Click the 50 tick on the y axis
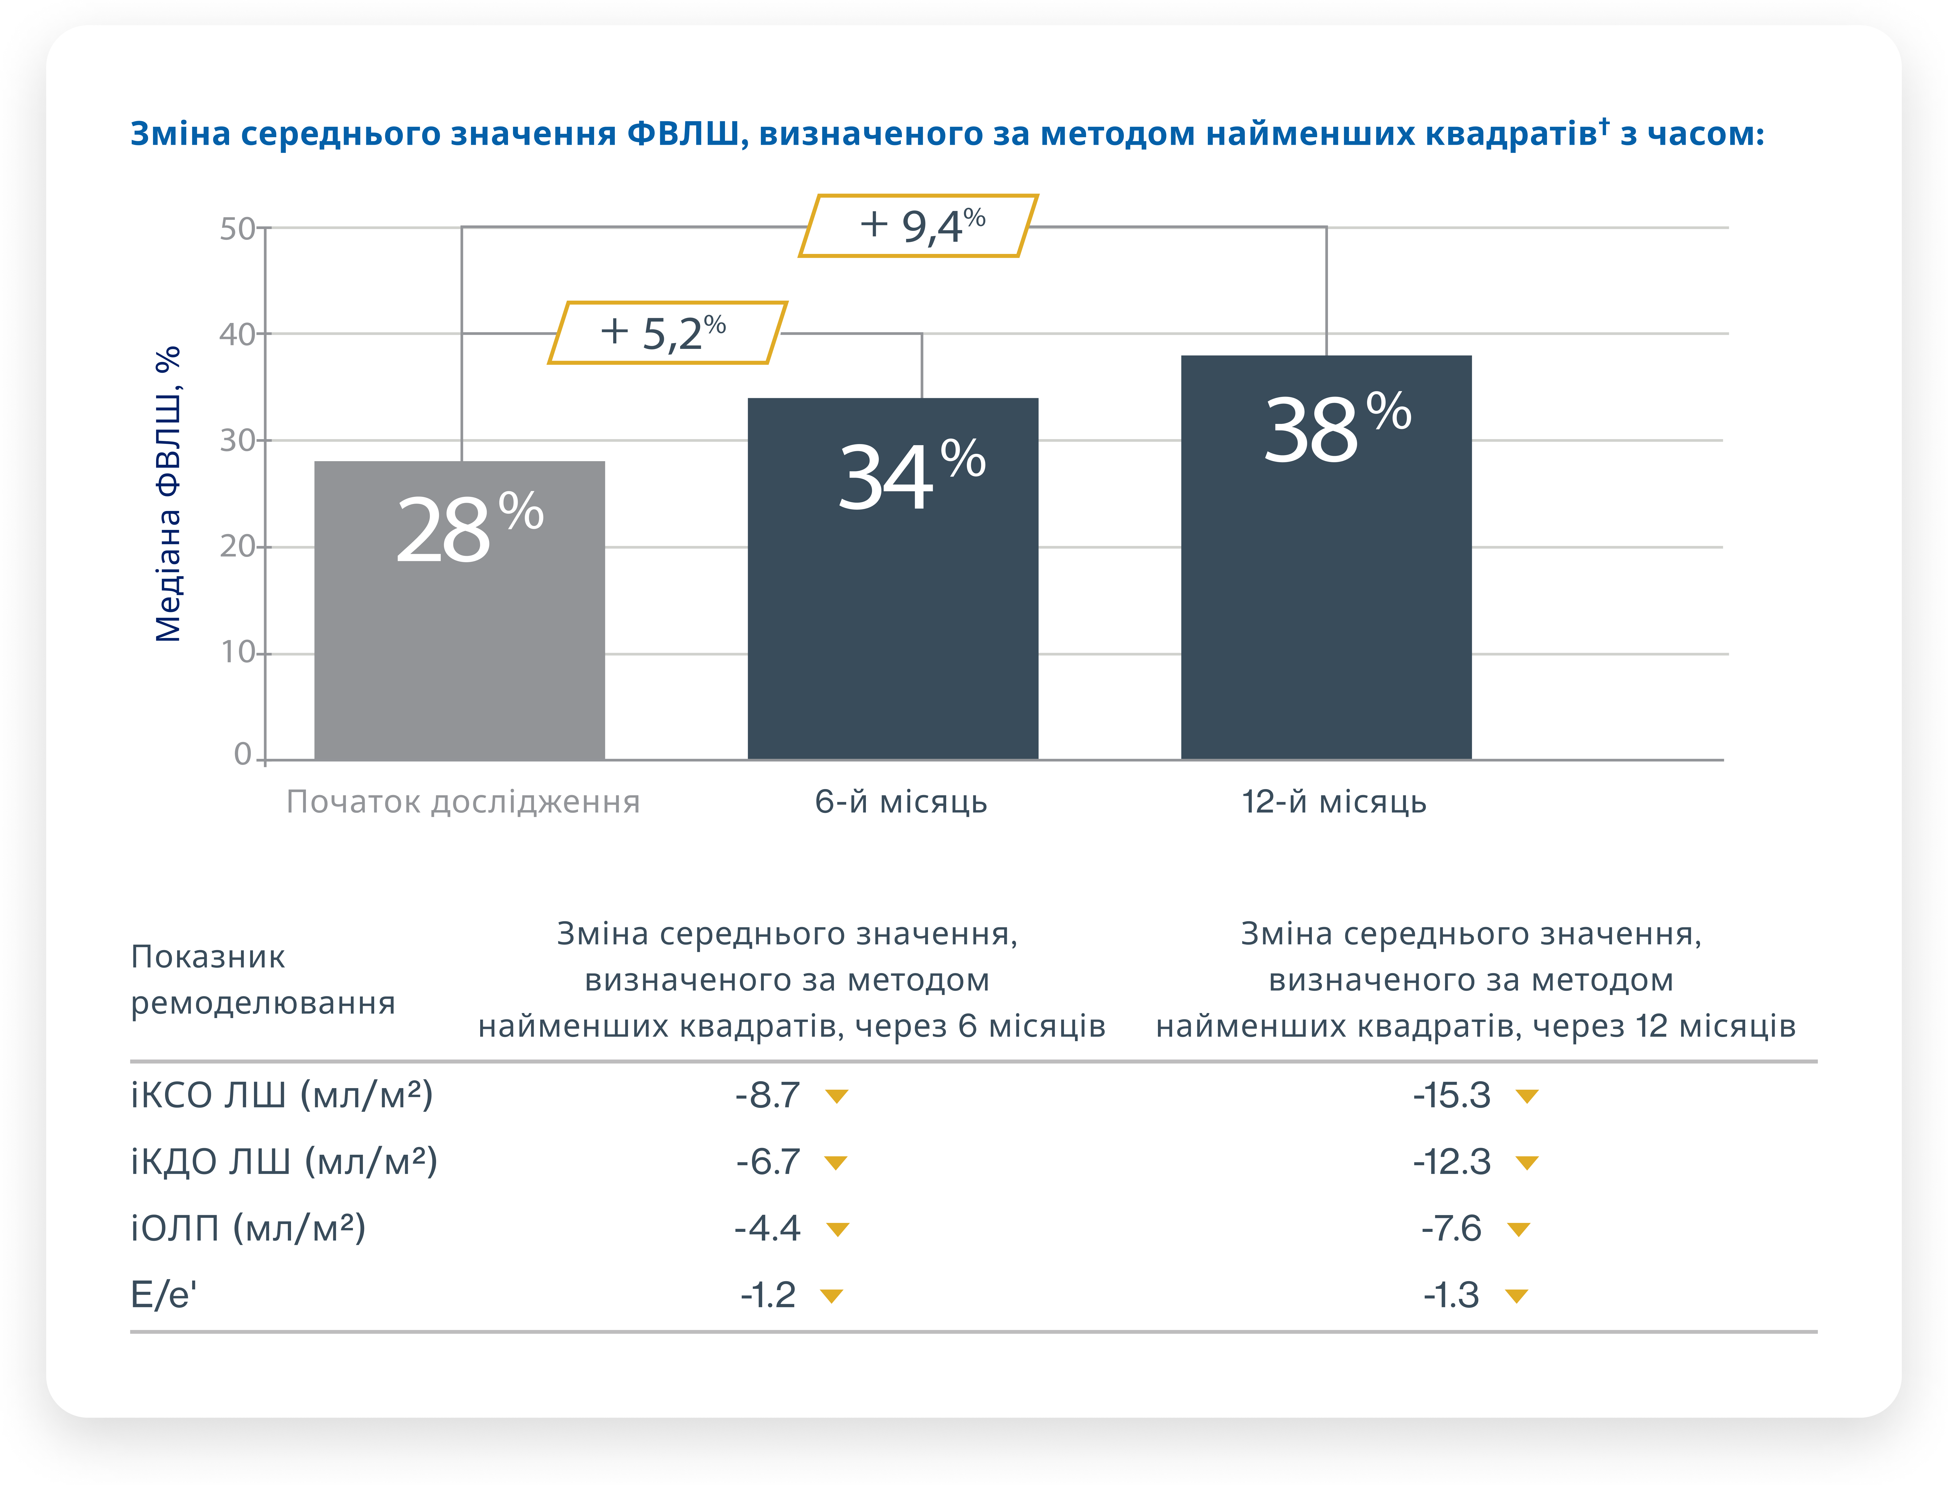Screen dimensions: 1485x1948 pyautogui.click(x=237, y=229)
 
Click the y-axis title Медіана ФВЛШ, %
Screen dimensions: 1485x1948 pyautogui.click(x=168, y=493)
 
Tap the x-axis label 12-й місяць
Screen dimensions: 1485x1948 pyautogui.click(x=1333, y=802)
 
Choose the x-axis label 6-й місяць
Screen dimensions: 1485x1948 pyautogui.click(x=901, y=802)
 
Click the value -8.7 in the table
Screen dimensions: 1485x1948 pyautogui.click(x=767, y=1095)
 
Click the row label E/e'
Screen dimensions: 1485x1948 pyautogui.click(x=163, y=1295)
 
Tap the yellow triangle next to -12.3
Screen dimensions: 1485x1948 pyautogui.click(x=1527, y=1162)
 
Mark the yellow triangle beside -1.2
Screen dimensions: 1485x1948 pyautogui.click(x=831, y=1296)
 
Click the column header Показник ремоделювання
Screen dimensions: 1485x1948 pyautogui.click(x=263, y=980)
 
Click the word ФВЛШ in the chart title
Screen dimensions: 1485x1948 pyautogui.click(x=683, y=134)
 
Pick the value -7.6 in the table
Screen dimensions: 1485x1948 pyautogui.click(x=1451, y=1228)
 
